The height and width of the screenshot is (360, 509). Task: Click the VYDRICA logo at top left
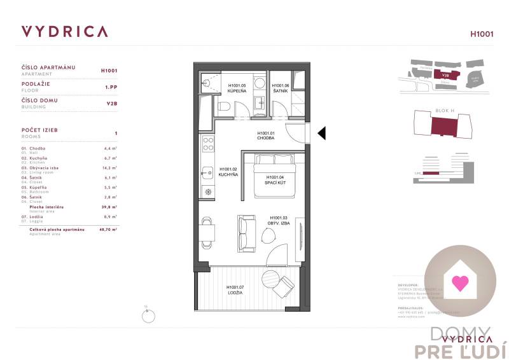[x=64, y=32]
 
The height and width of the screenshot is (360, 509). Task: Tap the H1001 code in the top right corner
[x=481, y=34]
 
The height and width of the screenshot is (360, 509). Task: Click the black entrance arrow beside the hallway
[x=321, y=133]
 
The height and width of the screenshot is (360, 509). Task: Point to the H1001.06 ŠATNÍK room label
[x=281, y=88]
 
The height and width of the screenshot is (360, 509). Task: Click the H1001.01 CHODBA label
[x=265, y=135]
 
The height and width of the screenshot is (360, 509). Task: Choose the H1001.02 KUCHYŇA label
[x=228, y=172]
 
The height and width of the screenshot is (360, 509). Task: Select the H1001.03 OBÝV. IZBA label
[x=279, y=220]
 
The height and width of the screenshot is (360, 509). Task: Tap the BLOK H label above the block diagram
[x=444, y=111]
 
